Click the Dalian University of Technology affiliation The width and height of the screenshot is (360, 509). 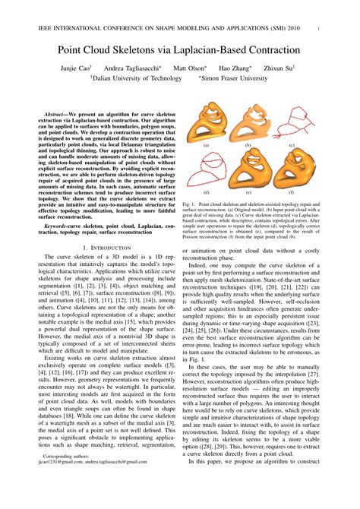tap(135, 78)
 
